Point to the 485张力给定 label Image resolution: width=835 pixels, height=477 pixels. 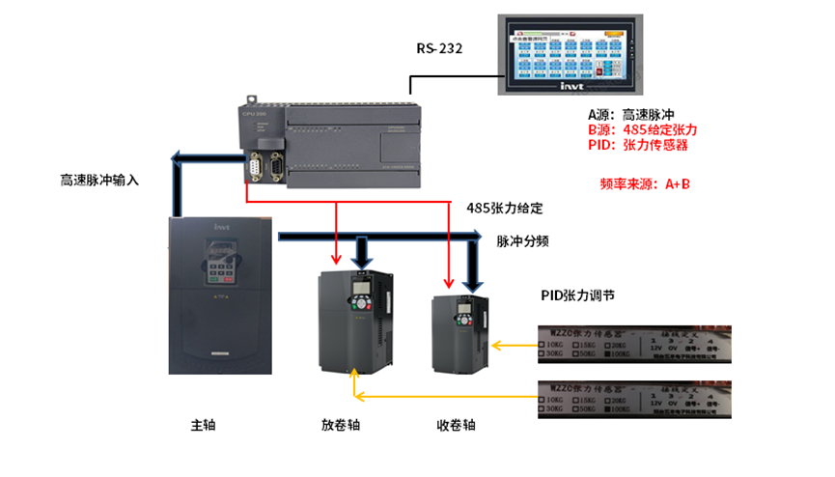pos(505,208)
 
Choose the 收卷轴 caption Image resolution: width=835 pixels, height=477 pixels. pos(457,425)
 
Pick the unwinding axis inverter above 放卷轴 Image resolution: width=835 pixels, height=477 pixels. pos(357,320)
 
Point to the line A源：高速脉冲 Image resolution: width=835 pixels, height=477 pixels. pos(638,114)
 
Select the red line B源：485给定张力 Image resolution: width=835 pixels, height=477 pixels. pos(642,129)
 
